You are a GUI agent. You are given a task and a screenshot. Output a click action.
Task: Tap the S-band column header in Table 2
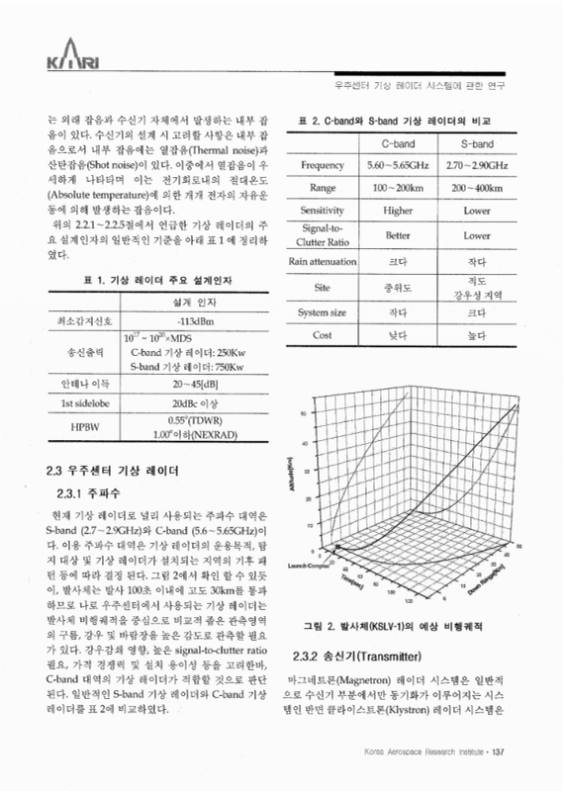pos(476,144)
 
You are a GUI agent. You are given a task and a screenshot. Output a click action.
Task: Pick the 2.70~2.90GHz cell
pos(477,164)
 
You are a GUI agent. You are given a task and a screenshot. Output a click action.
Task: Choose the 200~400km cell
pos(477,187)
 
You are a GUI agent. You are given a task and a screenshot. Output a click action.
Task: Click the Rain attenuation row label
pos(323,261)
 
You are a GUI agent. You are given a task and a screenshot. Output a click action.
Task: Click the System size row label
pos(323,312)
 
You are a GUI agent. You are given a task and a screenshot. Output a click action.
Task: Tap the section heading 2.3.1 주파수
pos(87,491)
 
